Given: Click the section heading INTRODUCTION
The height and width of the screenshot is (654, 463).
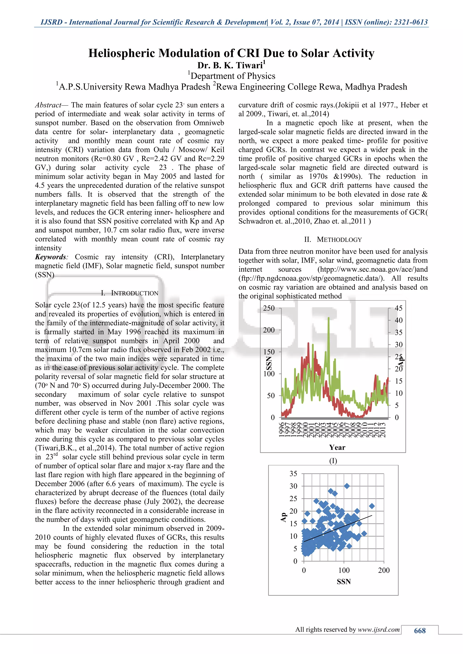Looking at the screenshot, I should (134, 293).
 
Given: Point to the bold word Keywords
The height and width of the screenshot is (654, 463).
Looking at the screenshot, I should (50, 257).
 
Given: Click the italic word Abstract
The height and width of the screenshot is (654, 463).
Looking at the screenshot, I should (48, 105).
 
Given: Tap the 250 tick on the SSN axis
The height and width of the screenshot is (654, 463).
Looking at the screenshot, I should (269, 308).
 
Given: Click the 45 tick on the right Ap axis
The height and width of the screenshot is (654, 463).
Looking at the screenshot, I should (399, 308).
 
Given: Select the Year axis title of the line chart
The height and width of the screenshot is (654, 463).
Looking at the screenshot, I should (337, 447).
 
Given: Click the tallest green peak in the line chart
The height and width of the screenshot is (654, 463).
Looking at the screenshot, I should (329, 318).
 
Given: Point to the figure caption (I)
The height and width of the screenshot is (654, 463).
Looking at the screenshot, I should (333, 461).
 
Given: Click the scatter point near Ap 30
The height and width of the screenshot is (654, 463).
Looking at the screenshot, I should (347, 486).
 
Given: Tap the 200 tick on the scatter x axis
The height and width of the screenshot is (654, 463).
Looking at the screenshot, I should (384, 570).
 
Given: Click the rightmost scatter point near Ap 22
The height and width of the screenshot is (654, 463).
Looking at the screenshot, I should (372, 506).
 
